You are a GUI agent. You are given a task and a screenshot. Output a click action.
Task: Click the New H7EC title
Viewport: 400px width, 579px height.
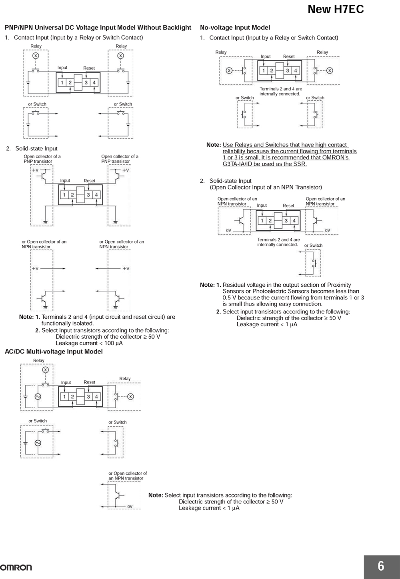(336, 10)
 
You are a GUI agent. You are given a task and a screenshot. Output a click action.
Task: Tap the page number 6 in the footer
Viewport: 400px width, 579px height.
(381, 566)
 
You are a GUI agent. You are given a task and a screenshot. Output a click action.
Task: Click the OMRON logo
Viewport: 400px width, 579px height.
(16, 568)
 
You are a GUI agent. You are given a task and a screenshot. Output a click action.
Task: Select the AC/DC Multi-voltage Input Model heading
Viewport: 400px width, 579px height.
(54, 351)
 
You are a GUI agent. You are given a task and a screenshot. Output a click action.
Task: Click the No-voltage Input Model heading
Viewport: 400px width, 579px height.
(235, 28)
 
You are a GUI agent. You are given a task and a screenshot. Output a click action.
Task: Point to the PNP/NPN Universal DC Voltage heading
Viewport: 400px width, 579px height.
(98, 28)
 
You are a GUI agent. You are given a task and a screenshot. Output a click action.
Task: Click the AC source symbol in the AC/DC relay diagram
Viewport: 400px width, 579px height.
(38, 397)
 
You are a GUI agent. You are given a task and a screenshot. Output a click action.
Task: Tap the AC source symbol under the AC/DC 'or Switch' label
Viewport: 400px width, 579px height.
(38, 443)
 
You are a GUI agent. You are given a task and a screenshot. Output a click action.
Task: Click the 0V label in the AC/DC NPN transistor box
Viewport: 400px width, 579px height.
(130, 507)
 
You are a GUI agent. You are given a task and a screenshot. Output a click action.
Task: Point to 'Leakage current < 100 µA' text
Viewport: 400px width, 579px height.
(89, 343)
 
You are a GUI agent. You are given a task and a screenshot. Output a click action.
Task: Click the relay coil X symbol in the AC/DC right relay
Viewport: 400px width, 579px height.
(130, 397)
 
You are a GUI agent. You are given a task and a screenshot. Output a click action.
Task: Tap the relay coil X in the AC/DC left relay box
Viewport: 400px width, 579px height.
(46, 370)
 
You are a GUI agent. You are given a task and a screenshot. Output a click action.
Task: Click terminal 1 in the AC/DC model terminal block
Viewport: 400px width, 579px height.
(64, 397)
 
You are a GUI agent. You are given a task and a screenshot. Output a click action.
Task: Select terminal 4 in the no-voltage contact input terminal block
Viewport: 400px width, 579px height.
(296, 71)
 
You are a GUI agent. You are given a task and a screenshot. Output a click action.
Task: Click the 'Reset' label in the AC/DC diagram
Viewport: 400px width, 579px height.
(89, 382)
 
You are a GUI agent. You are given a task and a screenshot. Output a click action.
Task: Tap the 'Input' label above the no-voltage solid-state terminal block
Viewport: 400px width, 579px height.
(262, 206)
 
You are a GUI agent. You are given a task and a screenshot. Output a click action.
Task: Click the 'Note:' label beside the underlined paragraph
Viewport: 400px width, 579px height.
(214, 145)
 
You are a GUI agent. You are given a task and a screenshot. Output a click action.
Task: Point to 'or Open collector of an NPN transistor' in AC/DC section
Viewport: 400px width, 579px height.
(128, 475)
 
